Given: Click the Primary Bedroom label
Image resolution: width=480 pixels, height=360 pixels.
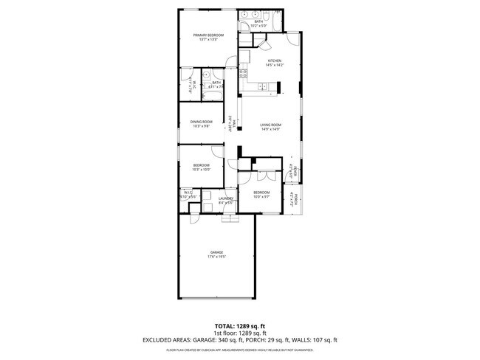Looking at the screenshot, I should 209,35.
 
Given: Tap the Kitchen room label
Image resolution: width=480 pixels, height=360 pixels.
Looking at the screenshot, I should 275,60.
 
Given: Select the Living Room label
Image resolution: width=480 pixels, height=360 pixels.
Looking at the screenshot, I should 271,125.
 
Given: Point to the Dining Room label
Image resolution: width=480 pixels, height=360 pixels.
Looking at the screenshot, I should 202,122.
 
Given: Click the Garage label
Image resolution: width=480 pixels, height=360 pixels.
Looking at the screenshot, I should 216,252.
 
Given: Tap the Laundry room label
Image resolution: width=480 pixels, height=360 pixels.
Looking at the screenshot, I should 226,198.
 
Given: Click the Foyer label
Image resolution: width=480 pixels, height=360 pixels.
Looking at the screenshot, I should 295,174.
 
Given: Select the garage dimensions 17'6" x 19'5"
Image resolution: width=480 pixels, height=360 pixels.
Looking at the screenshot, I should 216,257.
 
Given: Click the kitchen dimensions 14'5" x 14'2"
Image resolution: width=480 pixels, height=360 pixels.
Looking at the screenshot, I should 275,66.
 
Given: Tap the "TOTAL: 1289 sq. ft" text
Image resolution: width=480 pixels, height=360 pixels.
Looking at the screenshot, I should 240,325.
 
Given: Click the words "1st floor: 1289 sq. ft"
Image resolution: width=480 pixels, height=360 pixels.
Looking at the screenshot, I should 239,333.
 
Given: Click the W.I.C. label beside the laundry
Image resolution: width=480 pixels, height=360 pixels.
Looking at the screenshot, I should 188,193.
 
